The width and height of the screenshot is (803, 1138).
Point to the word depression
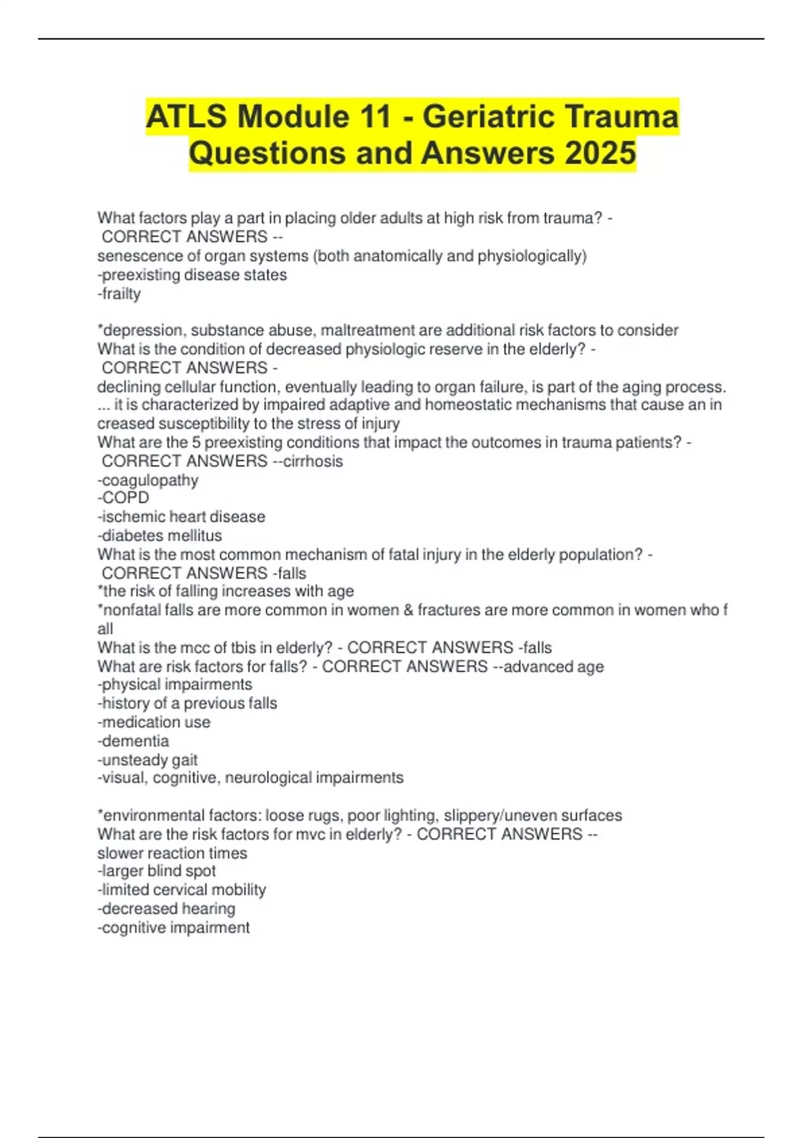[x=142, y=330]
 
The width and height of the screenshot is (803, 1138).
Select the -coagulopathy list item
[x=148, y=480]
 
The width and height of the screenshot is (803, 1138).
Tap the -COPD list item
[x=123, y=497]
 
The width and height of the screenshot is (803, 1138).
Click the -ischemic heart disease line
[x=181, y=516]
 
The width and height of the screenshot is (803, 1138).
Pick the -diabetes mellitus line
[x=159, y=536]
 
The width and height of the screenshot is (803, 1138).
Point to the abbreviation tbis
[x=249, y=647]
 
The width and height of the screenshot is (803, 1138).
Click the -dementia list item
[x=133, y=741]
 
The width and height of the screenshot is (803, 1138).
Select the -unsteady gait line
[x=147, y=760]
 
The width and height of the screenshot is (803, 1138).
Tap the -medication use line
[x=154, y=722]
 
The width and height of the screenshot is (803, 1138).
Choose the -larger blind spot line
[x=157, y=871]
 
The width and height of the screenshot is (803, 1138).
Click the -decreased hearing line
[x=166, y=908]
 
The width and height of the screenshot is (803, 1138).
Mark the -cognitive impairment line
[x=173, y=927]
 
